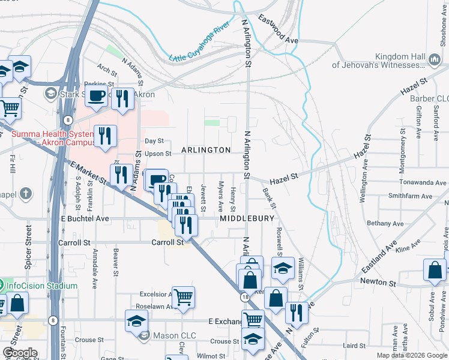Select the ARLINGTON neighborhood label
coord(206,150)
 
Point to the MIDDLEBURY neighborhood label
coord(247,219)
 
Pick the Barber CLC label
coord(430,98)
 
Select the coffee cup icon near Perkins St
coord(96,95)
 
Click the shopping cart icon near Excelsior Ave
coord(184,297)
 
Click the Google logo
coord(20,353)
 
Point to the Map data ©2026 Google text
coord(412,355)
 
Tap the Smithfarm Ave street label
coord(410,196)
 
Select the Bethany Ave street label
coord(386,223)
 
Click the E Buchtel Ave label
coord(85,219)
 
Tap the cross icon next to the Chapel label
coord(25,193)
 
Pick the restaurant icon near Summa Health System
coord(105,136)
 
